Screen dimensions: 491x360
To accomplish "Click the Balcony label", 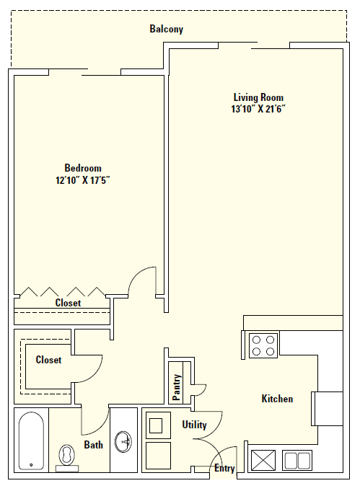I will pos(167,30).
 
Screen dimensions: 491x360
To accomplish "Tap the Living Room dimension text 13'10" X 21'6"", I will pos(258,109).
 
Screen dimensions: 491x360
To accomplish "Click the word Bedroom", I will pos(83,168).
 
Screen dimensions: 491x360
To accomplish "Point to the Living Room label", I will pos(258,97).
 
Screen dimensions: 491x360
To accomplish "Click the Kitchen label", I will pos(277,399).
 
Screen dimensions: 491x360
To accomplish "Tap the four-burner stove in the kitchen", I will pos(263,345).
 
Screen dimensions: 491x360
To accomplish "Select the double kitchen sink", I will pos(296,459).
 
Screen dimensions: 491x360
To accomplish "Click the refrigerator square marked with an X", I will pos(261,459).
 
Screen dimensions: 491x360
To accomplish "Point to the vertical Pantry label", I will pos(177,386).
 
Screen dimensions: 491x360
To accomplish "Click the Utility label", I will pos(195,425).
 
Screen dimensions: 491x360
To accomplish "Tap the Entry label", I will pos(224,469).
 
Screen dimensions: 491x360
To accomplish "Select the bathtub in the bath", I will pos(30,440).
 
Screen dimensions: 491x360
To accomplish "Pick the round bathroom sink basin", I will pos(126,441).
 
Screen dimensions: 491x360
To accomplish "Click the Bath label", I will pos(94,445).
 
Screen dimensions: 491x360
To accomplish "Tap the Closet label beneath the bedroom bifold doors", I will pos(68,304).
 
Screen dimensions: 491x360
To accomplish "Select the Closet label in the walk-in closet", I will pos(48,360).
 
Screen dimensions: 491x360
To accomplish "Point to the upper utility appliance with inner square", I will pos(157,425).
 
